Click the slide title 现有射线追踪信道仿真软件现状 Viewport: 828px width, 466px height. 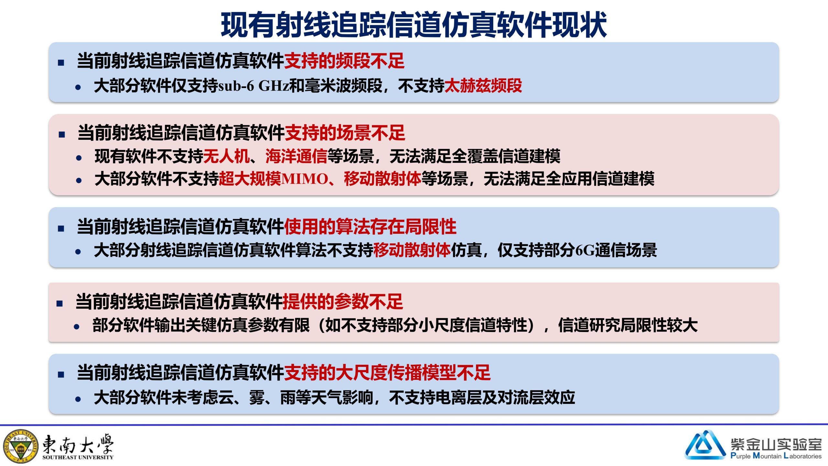pyautogui.click(x=414, y=25)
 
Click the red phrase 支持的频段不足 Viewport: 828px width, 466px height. pyautogui.click(x=344, y=61)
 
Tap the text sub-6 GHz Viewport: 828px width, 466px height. pyautogui.click(x=253, y=86)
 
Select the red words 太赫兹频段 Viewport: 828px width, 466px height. pyautogui.click(x=483, y=86)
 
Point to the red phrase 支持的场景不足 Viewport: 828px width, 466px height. pyautogui.click(x=345, y=133)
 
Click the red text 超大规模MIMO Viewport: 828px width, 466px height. pyautogui.click(x=274, y=179)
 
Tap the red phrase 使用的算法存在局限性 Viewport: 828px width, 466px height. pyautogui.click(x=370, y=226)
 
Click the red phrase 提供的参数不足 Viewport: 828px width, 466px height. pyautogui.click(x=343, y=301)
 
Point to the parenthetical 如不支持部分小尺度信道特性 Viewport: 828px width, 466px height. pyautogui.click(x=426, y=325)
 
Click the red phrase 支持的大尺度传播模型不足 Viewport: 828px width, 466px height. pyautogui.click(x=387, y=372)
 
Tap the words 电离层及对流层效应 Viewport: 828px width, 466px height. pyautogui.click(x=505, y=397)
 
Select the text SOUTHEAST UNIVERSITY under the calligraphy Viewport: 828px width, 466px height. pyautogui.click(x=78, y=457)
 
